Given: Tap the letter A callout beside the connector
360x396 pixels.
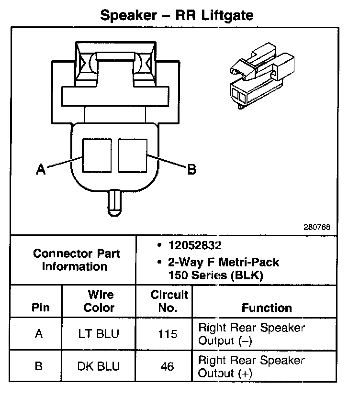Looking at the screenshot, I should (x=41, y=169).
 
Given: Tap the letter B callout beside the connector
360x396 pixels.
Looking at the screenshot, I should (x=191, y=169).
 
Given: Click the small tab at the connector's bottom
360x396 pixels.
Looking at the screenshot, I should (x=115, y=201).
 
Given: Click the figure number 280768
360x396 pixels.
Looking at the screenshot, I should (x=316, y=228).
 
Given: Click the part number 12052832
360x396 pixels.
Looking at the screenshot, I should (x=193, y=246).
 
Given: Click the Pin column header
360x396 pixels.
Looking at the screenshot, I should (x=40, y=308).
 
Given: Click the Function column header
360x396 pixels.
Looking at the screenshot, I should (x=267, y=308).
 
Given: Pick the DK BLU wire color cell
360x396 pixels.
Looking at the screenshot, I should (x=99, y=366).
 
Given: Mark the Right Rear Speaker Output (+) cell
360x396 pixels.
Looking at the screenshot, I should (x=251, y=366).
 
